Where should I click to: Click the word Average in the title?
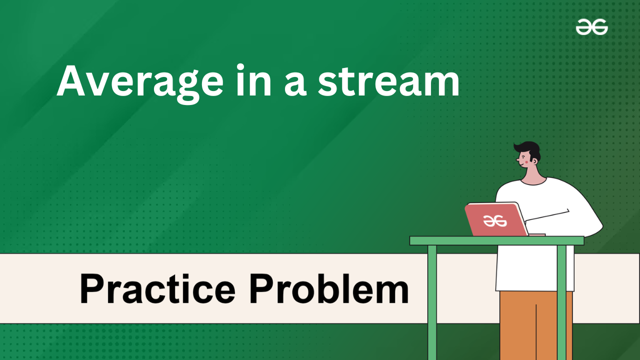coord(140,83)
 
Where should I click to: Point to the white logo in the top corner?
coord(591,27)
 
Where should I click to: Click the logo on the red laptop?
coord(494,220)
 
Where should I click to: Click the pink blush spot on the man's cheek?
coord(526,161)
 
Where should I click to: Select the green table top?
coord(496,240)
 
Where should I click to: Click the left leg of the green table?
coord(432,302)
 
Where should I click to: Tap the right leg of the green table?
coord(561,302)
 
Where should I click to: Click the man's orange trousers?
coord(536,325)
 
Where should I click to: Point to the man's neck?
coord(533,175)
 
